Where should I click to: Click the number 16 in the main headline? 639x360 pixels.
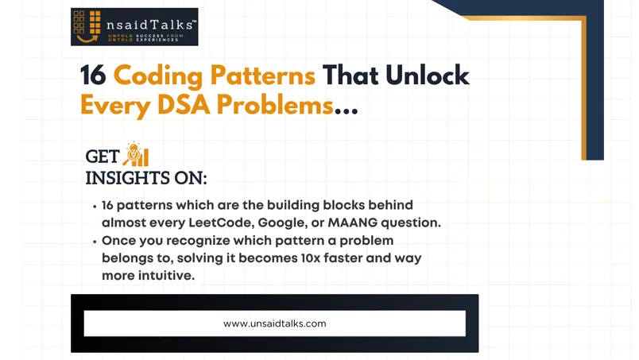point(93,75)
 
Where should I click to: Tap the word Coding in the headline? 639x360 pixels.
point(157,76)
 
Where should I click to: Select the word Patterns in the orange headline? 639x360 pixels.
point(263,75)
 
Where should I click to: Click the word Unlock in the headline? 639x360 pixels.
point(427,75)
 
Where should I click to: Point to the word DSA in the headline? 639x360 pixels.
point(184,105)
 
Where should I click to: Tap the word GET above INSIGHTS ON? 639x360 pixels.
point(103,157)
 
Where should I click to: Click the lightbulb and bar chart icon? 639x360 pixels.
point(136,154)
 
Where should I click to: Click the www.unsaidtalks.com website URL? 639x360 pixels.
point(275,323)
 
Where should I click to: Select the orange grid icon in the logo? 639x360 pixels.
point(87,22)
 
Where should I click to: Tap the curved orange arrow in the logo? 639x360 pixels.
point(87,39)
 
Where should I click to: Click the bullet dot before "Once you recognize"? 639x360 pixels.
point(95,242)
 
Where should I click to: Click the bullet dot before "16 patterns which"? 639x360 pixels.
point(95,207)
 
